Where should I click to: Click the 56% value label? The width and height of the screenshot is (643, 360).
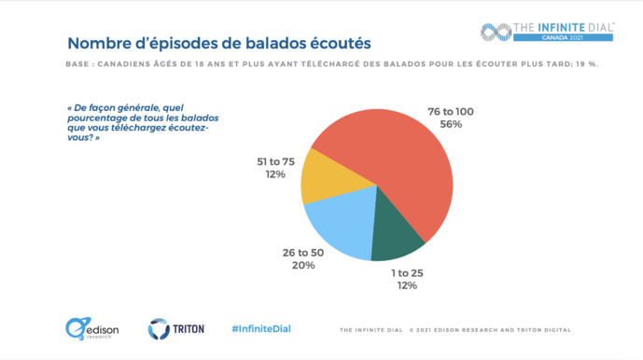tap(452, 125)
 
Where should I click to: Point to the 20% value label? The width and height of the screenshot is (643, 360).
tap(303, 265)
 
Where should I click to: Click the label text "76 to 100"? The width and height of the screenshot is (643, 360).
tap(452, 112)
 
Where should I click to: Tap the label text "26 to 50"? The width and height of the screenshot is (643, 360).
tap(303, 252)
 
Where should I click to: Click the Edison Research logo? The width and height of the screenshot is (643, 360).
tap(89, 328)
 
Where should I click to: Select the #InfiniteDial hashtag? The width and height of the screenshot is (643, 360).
tap(260, 329)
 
